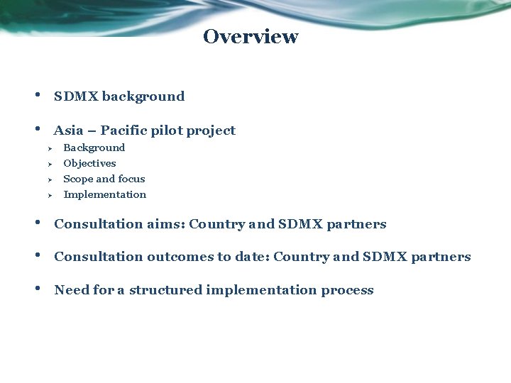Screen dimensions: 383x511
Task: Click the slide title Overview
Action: (x=251, y=37)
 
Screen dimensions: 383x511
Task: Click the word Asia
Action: (x=68, y=131)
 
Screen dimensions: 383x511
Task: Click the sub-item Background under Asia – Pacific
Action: (x=94, y=148)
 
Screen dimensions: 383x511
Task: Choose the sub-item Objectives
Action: (x=89, y=163)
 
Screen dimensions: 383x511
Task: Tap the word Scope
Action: (x=78, y=179)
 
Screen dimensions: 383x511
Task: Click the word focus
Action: (x=131, y=179)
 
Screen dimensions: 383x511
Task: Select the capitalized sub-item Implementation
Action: (x=104, y=194)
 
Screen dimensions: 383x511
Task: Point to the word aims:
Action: (x=166, y=224)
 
